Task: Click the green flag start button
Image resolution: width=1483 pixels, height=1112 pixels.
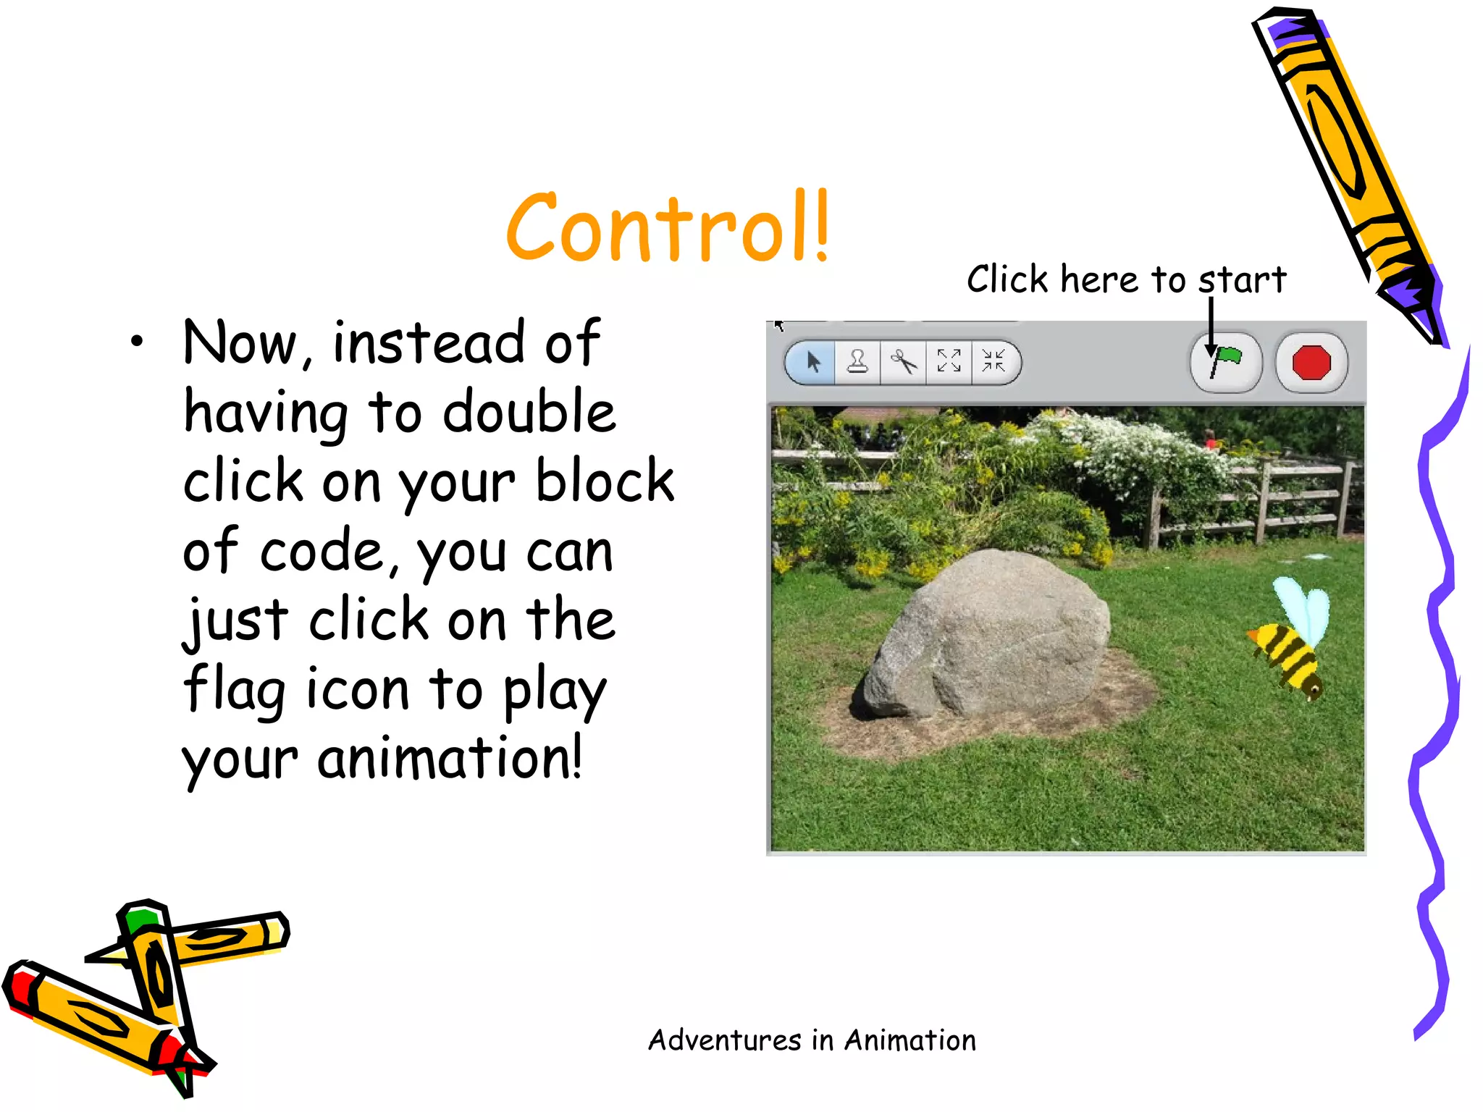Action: click(1226, 362)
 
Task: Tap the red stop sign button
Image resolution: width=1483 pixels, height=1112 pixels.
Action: click(1311, 362)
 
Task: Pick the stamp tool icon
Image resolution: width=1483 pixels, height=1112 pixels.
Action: click(858, 361)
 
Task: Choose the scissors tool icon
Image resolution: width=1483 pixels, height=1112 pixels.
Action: click(903, 361)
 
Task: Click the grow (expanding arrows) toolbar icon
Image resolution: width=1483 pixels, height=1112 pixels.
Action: click(949, 361)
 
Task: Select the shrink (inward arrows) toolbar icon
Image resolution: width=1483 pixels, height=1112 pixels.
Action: click(993, 361)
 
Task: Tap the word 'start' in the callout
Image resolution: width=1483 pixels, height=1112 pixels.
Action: click(1243, 279)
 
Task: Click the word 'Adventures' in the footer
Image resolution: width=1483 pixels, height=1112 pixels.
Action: click(724, 1040)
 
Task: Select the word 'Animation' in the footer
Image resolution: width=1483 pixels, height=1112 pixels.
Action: click(910, 1040)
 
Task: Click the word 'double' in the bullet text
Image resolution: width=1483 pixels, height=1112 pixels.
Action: click(529, 411)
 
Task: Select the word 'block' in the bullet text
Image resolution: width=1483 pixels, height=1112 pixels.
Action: click(605, 481)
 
